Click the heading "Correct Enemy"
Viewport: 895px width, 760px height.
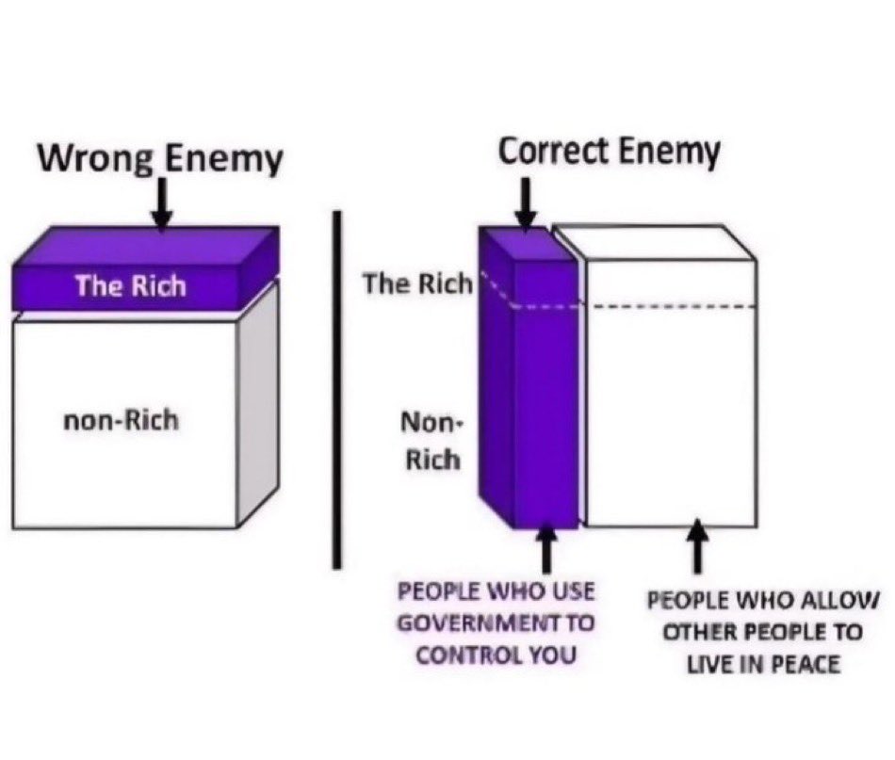tap(609, 151)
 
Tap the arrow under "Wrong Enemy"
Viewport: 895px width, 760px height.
tap(162, 205)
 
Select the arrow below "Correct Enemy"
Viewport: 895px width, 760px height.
tap(527, 202)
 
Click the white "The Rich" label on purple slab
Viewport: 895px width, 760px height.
tap(131, 285)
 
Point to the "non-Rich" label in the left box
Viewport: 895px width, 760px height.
tap(121, 420)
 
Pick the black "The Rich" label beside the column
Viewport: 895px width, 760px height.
tap(417, 283)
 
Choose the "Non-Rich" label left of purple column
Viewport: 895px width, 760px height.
tap(431, 441)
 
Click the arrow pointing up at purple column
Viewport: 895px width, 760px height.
tap(547, 548)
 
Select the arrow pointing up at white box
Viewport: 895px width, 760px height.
tap(697, 548)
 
